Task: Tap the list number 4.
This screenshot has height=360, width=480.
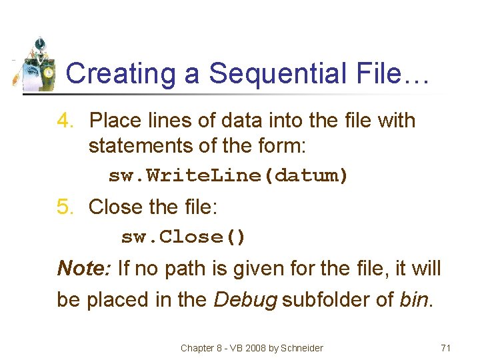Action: coord(64,121)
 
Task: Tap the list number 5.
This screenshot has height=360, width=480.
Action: coord(64,207)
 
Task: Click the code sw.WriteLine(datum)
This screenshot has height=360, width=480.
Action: coord(228,176)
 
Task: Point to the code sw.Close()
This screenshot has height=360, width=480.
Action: coord(183,237)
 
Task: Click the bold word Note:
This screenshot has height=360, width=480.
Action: coord(84,269)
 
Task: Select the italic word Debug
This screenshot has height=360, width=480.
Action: coord(245,299)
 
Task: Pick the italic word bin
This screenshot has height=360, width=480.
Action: coord(415,299)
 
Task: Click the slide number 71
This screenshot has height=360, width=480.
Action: coord(446,348)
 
